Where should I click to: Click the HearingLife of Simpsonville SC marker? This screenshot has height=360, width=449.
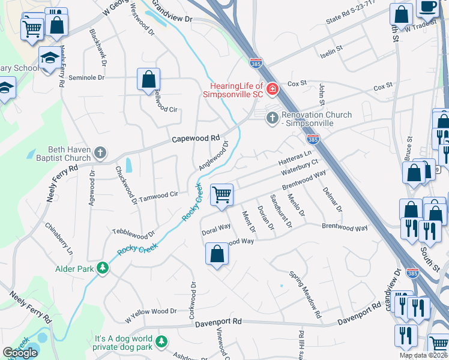273,89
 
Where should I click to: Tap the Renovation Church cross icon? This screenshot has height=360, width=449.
272,118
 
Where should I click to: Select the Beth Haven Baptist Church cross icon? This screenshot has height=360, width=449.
100,153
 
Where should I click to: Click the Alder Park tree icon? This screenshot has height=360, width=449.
103,268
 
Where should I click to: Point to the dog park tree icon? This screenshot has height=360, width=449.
161,342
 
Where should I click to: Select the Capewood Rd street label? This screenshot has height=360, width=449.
196,138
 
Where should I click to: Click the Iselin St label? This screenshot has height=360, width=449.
331,47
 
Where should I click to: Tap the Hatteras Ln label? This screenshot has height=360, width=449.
295,159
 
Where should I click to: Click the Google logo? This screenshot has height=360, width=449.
20,353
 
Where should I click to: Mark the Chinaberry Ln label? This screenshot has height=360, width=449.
59,238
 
